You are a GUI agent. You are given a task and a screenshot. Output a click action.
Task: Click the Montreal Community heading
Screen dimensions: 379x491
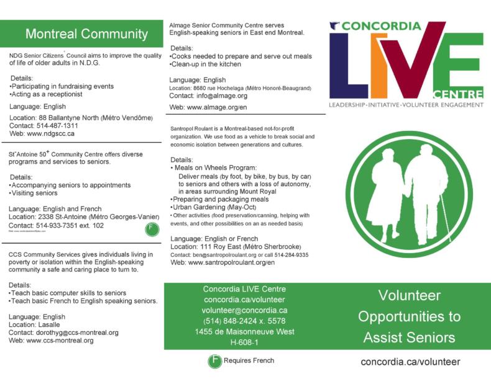[x=86, y=33]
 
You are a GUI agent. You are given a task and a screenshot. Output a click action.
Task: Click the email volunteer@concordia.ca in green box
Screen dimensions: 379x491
[x=245, y=310]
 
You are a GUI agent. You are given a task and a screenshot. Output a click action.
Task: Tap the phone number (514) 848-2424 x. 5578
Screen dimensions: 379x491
[x=245, y=321]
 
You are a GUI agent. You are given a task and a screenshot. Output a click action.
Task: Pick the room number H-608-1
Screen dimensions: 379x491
[x=245, y=342]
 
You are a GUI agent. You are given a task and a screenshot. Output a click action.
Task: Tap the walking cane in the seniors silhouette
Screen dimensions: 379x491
[x=445, y=218]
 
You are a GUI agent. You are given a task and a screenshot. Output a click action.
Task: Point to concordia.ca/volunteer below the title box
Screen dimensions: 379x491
[x=410, y=362]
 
